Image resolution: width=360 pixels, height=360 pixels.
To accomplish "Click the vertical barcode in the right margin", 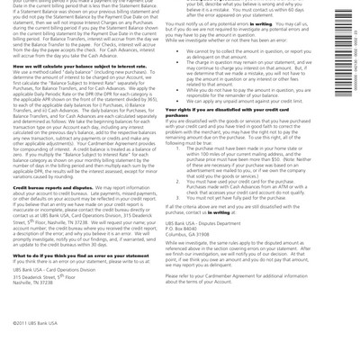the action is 346,54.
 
